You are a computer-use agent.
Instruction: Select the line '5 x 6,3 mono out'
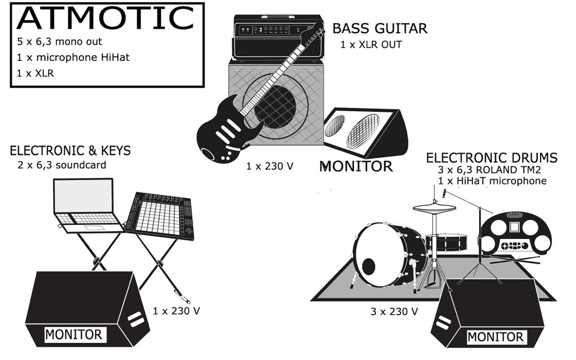pos(59,42)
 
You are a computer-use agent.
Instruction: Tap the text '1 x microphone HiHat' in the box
pos(73,58)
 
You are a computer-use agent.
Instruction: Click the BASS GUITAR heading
pos(379,29)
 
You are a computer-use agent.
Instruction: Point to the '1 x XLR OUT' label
pos(371,45)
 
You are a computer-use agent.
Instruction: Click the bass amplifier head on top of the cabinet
pos(270,38)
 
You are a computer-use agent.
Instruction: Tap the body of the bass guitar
pos(225,130)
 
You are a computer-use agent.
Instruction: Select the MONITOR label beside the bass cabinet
pos(356,166)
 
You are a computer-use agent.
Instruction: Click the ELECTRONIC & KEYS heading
pos(70,151)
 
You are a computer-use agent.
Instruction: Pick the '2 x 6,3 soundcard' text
pos(62,165)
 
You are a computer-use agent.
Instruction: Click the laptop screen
pos(83,196)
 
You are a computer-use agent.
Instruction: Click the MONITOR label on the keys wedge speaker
pos(73,335)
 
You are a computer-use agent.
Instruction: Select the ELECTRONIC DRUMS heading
pos(491,158)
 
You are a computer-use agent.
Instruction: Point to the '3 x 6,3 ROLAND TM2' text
pos(489,170)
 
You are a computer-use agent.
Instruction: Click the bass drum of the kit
pos(387,254)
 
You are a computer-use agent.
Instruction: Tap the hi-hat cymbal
pos(434,207)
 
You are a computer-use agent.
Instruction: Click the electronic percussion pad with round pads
pos(516,233)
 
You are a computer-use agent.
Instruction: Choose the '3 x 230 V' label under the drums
pos(394,311)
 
